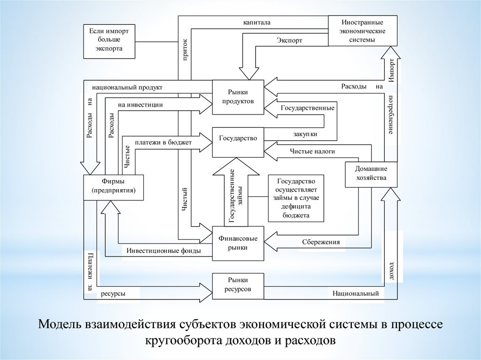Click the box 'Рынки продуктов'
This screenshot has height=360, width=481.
(x=238, y=97)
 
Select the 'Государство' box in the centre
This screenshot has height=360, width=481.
(x=238, y=141)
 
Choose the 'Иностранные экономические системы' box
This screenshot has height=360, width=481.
(x=362, y=31)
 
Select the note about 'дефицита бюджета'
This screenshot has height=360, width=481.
(x=296, y=198)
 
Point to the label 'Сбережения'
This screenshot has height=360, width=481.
(x=317, y=242)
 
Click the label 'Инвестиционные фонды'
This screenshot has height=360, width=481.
(x=163, y=251)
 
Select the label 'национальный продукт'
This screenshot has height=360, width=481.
(x=127, y=87)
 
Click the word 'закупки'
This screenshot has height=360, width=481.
(x=306, y=134)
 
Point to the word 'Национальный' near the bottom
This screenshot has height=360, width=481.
(x=356, y=294)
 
